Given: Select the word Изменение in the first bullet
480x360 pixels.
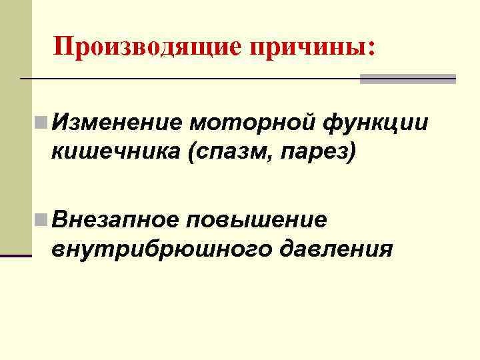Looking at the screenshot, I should point(117,123).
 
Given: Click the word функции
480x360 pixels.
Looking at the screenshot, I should point(374,124).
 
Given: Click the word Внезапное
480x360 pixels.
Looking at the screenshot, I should point(117,219).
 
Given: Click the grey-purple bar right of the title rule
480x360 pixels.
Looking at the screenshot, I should point(407,79).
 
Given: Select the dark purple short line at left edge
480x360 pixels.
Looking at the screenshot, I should point(16,255).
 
